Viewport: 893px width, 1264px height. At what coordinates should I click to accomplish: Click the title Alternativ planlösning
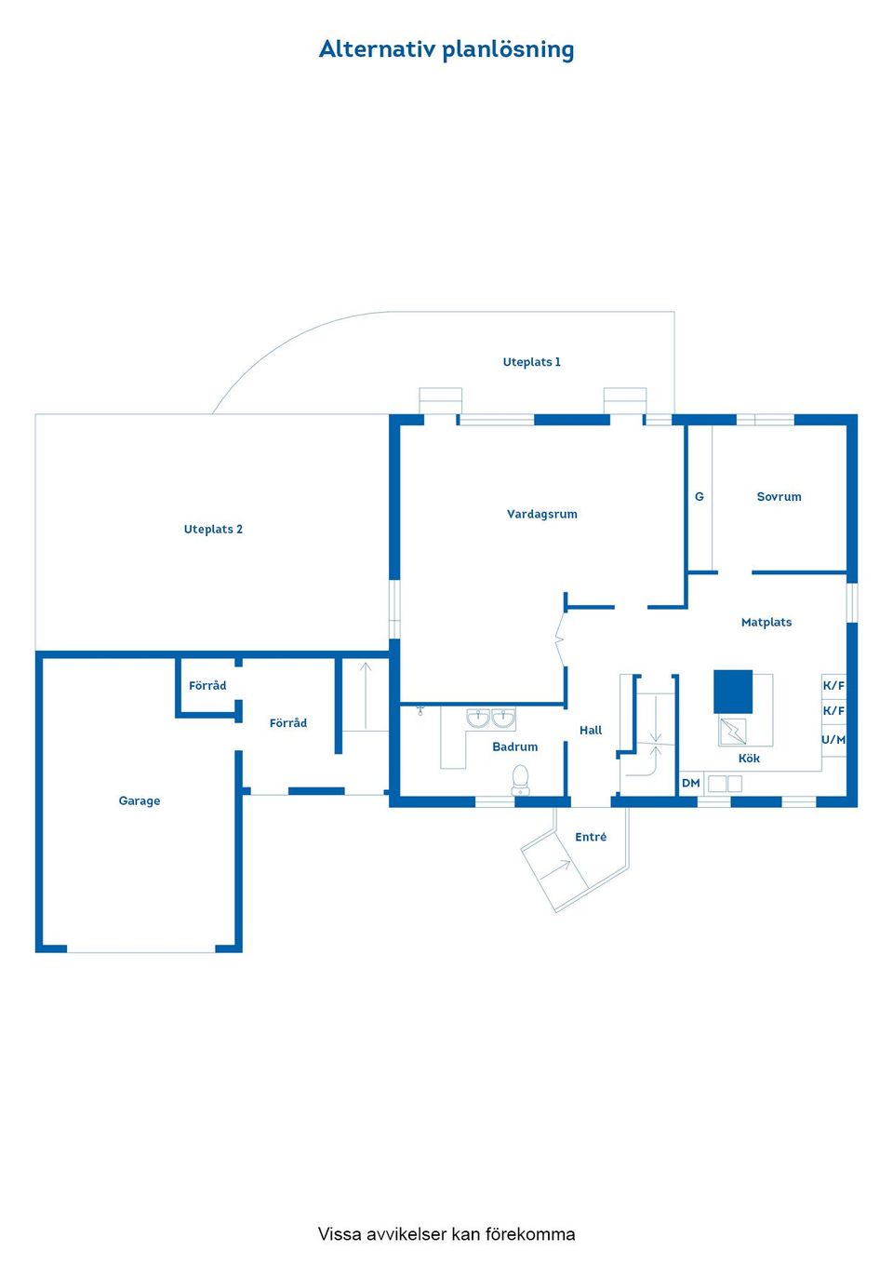pos(446,49)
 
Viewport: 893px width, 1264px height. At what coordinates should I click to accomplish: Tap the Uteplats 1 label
pos(531,362)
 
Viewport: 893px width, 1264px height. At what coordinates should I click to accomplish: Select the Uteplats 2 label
pos(213,530)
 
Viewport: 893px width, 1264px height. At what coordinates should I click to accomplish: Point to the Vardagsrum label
pos(541,514)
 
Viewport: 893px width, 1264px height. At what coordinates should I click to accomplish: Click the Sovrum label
pos(779,497)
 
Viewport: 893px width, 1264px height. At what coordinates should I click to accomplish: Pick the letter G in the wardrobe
pos(700,497)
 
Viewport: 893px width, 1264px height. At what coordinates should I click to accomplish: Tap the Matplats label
pos(766,623)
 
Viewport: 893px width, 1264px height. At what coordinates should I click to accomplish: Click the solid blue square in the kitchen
pos(733,692)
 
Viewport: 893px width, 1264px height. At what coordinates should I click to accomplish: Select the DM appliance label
pos(690,784)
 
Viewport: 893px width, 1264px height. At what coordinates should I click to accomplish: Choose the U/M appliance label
pos(833,740)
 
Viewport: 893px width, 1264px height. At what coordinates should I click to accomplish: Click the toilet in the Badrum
pos(520,779)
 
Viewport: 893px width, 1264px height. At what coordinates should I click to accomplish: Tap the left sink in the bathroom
pos(478,719)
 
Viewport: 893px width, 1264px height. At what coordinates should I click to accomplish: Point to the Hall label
pos(591,731)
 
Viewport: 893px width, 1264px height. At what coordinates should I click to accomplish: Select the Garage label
pos(140,801)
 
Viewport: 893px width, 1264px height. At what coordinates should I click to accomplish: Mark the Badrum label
pos(514,747)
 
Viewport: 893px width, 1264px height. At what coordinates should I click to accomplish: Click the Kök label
pos(749,759)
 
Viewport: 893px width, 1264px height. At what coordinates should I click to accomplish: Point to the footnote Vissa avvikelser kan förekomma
pos(446,1234)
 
